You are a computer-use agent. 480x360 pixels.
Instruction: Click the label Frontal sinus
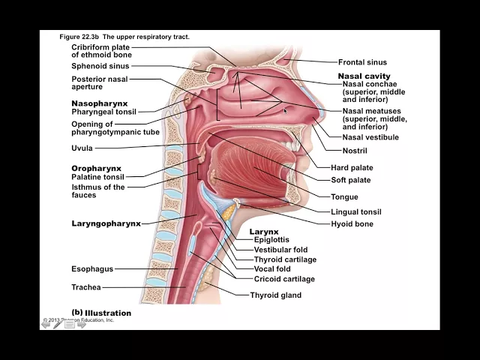(362, 62)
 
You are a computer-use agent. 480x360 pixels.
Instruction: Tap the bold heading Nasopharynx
(99, 103)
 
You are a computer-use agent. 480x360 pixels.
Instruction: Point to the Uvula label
(82, 148)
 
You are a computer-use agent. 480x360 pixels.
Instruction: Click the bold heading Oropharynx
(96, 168)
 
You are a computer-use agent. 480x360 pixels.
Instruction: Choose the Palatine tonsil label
(97, 177)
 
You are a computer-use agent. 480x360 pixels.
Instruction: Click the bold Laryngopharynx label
(106, 223)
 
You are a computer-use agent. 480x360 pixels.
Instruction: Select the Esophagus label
(92, 268)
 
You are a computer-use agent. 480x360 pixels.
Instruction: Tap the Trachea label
(85, 287)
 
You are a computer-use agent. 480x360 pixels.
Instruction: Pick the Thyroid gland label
(275, 295)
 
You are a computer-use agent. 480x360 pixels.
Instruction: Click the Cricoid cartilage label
(284, 279)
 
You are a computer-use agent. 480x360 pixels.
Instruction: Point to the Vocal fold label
(272, 268)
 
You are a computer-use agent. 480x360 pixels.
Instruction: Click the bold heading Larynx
(263, 232)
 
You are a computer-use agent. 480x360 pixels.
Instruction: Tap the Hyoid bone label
(352, 223)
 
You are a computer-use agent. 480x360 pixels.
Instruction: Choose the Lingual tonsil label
(355, 212)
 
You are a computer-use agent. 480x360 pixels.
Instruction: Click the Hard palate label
(352, 168)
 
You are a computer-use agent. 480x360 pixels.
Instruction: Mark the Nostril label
(355, 151)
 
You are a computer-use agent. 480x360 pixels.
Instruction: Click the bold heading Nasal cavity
(364, 76)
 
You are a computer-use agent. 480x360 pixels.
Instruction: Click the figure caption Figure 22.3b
(124, 37)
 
